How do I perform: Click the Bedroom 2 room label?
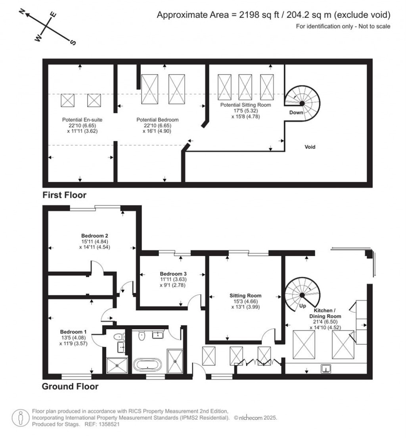(x=92, y=234)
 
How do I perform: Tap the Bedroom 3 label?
(x=173, y=274)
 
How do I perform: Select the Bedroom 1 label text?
(x=73, y=332)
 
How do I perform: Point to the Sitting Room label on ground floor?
(x=245, y=296)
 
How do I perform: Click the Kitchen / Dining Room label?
(x=327, y=313)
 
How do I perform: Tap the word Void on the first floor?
(x=310, y=147)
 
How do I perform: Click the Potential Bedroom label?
(x=157, y=119)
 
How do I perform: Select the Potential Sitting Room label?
(x=246, y=105)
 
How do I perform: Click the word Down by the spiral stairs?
(x=296, y=112)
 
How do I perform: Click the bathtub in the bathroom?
(x=147, y=364)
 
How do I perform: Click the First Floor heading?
(x=65, y=195)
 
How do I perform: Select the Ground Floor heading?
(x=70, y=386)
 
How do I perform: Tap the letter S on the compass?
(x=73, y=42)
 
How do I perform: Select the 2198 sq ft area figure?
(x=255, y=15)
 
